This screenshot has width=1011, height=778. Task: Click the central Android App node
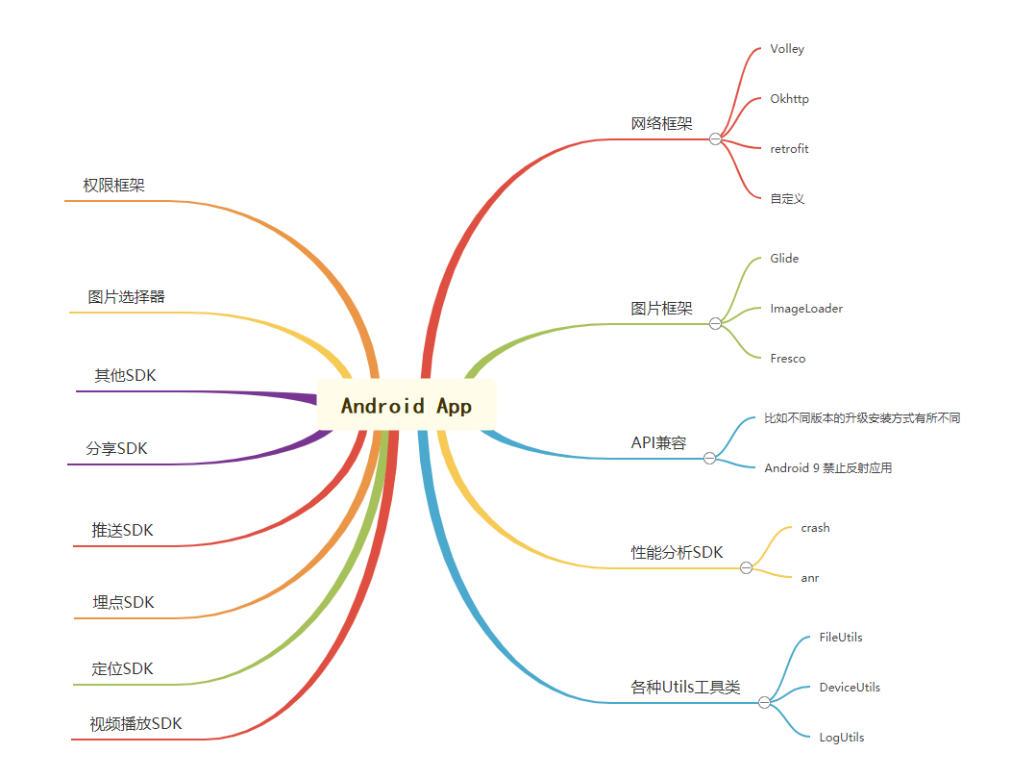(x=407, y=405)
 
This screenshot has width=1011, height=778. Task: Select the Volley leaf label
(x=787, y=49)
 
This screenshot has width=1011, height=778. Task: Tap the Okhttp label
(x=789, y=99)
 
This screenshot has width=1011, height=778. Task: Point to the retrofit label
(x=789, y=149)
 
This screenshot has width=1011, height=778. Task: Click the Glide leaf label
(x=784, y=259)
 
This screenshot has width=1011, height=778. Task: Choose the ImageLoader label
(x=805, y=309)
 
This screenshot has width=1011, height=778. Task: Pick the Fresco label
(x=788, y=359)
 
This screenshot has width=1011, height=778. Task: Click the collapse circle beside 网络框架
(x=715, y=139)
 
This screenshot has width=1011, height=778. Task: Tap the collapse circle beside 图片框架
(x=715, y=324)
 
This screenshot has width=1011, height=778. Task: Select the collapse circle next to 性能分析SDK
(x=746, y=568)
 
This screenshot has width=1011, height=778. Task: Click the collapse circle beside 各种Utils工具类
(x=764, y=703)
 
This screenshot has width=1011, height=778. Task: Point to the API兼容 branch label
(x=658, y=443)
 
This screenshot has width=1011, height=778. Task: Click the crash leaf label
(x=815, y=528)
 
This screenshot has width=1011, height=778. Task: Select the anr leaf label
(x=809, y=578)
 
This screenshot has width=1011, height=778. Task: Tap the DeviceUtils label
(x=850, y=688)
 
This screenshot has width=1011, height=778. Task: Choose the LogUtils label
(x=841, y=738)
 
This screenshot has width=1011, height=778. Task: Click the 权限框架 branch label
(x=114, y=186)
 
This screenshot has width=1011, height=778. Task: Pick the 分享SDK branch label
(x=117, y=449)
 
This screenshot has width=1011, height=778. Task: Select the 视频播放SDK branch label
(x=136, y=724)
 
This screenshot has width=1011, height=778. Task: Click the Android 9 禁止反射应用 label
(x=827, y=468)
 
